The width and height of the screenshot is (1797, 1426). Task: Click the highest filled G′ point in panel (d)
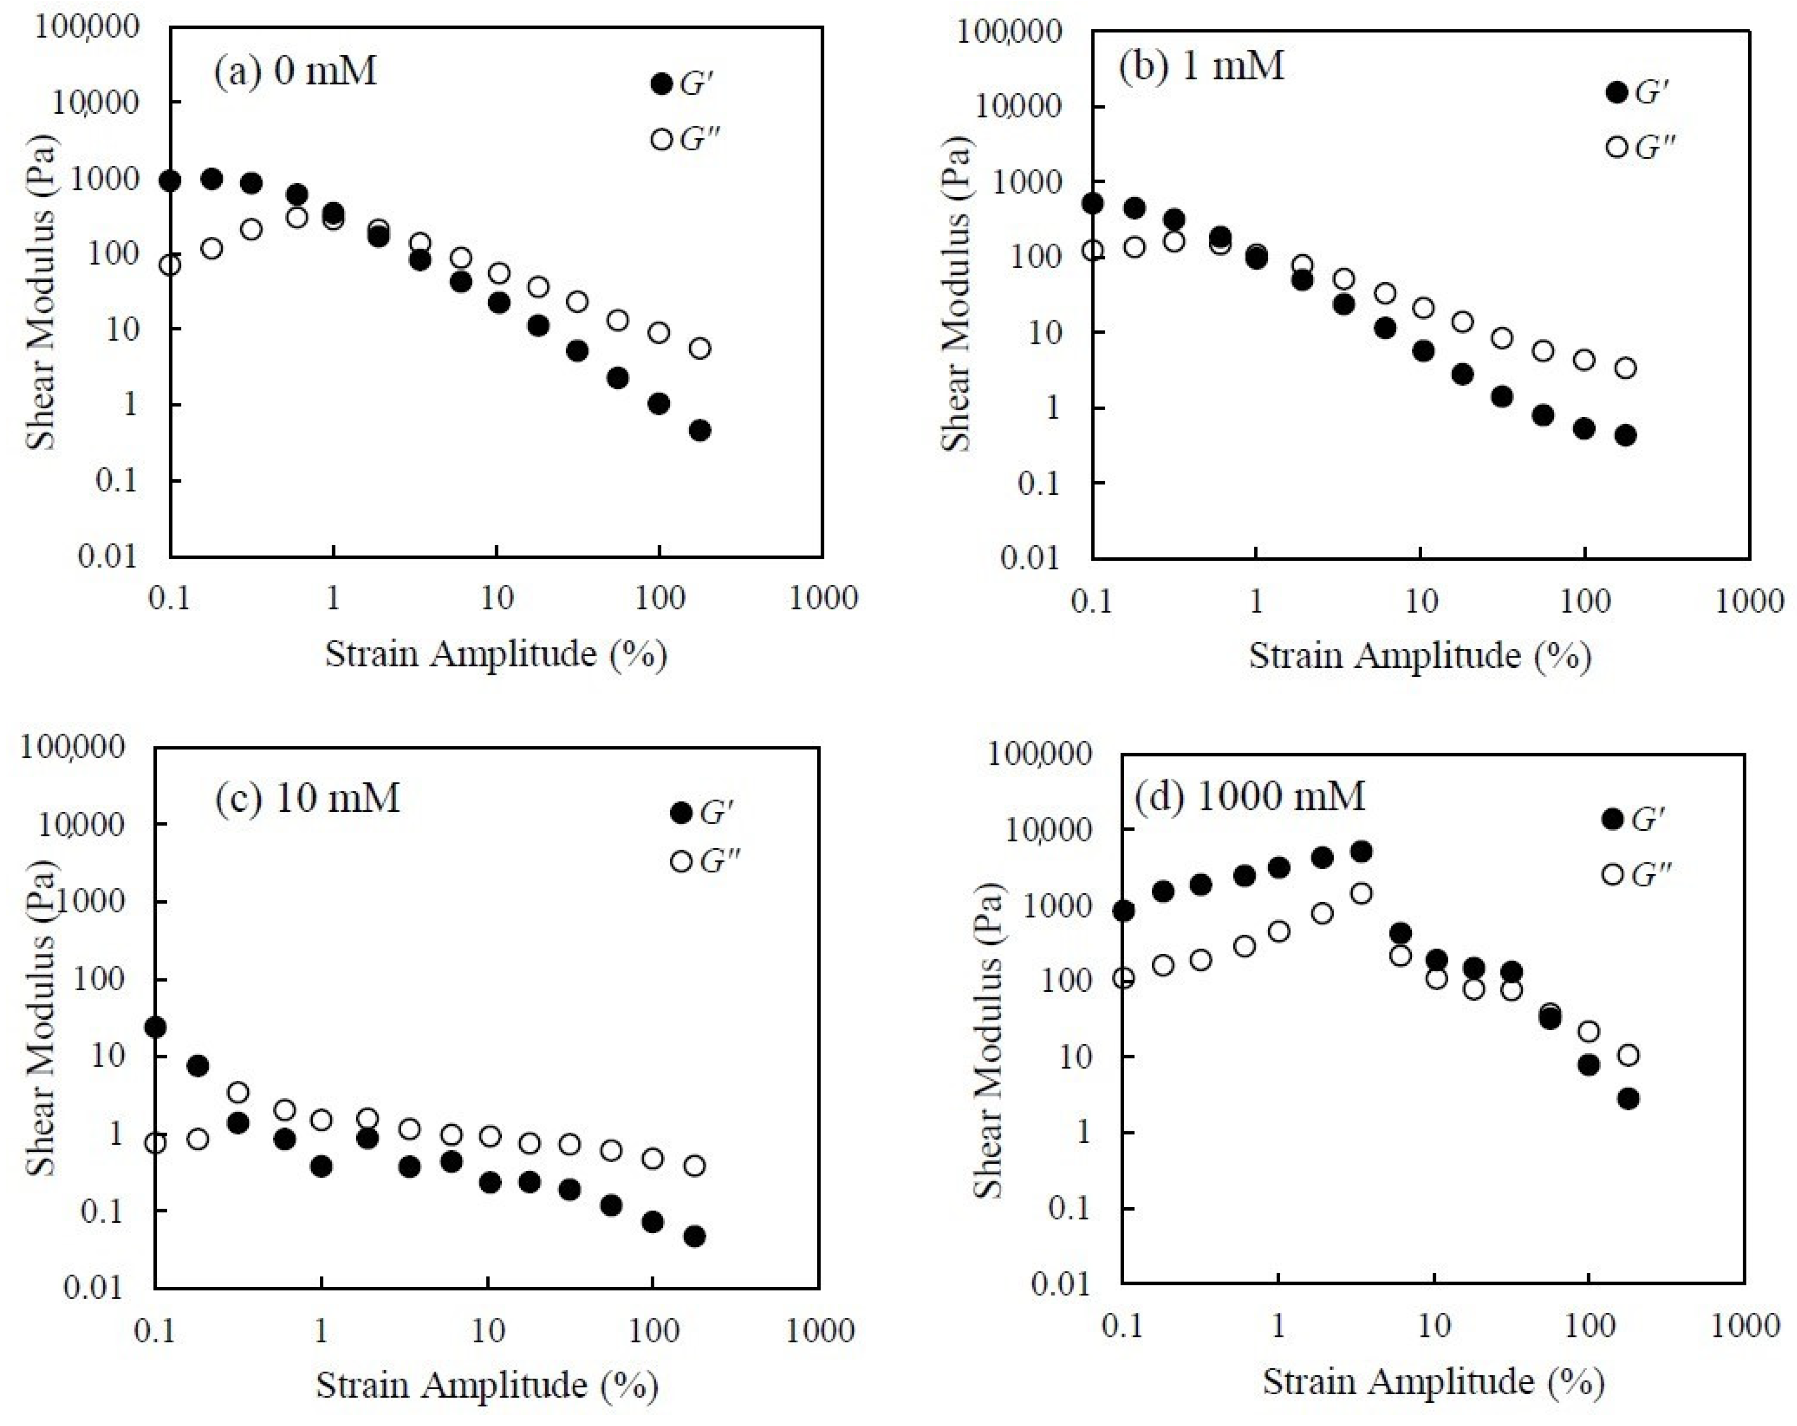[x=1361, y=851]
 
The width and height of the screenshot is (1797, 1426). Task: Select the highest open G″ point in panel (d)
[x=1361, y=893]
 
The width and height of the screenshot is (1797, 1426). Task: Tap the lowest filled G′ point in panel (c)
[x=694, y=1236]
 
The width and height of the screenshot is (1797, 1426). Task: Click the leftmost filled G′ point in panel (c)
[x=155, y=1027]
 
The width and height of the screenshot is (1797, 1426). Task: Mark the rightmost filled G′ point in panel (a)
[x=700, y=430]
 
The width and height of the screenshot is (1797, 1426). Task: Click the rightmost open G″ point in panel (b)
[x=1625, y=368]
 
